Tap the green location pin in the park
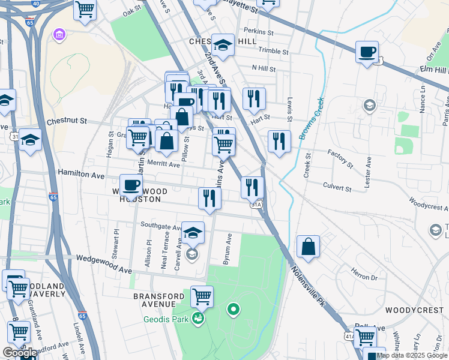pos(233,310)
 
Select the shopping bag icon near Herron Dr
pos(308,247)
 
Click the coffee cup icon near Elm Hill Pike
pos(367,52)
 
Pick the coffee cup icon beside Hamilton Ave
pos(131,185)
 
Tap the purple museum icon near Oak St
pos(59,35)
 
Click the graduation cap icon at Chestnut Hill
pos(222,45)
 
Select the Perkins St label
pos(259,31)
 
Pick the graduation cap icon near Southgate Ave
pos(193,233)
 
